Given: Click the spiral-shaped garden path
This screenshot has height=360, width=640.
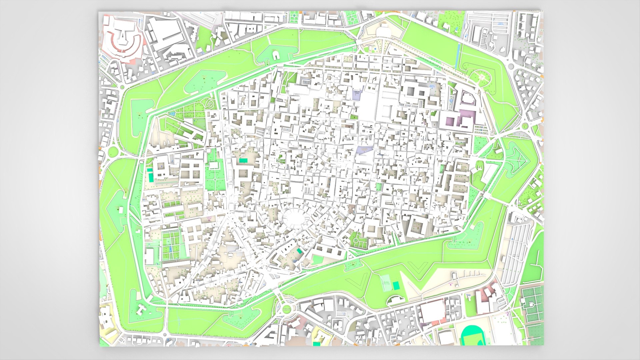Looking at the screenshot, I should [x=210, y=103].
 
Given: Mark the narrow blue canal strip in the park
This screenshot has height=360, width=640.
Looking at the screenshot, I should [x=457, y=55].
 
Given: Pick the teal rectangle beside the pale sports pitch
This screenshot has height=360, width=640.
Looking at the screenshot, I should [x=396, y=285].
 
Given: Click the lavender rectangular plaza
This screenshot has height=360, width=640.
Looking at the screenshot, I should [x=357, y=94].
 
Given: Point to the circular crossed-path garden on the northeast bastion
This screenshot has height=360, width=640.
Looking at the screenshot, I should [x=482, y=77].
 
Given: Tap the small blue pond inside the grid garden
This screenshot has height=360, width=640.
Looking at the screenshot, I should [x=170, y=249].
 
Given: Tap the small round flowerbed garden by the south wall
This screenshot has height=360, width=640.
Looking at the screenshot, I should [x=356, y=240].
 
